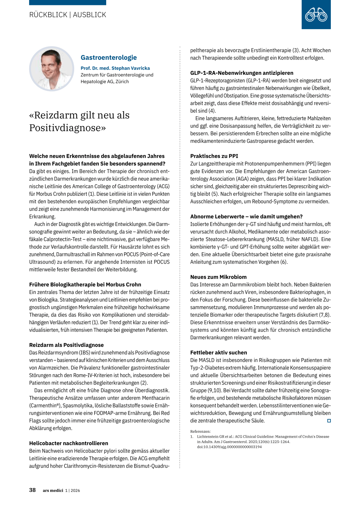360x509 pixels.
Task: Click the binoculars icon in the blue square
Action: click(x=316, y=15)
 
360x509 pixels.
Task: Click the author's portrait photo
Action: click(x=51, y=69)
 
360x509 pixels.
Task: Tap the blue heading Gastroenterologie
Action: click(x=109, y=58)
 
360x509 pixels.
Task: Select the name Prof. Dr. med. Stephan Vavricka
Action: click(x=115, y=68)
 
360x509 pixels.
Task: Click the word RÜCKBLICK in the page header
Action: click(x=48, y=15)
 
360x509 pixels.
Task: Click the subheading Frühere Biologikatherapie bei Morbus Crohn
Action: click(x=85, y=284)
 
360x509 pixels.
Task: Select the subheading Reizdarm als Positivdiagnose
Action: click(x=66, y=345)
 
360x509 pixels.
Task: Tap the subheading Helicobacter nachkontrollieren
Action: click(x=69, y=443)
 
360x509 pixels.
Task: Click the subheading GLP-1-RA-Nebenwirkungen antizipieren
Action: click(x=242, y=73)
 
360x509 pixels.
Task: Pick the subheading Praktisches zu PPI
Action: click(x=214, y=156)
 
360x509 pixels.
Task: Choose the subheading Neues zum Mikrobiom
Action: click(x=218, y=277)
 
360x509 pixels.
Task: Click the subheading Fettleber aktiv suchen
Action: click(x=219, y=353)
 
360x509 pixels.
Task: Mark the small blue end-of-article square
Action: click(x=329, y=421)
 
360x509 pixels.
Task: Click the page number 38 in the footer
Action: click(x=32, y=490)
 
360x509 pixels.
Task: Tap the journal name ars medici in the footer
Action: click(x=53, y=490)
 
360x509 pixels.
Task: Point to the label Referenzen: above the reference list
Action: click(x=200, y=431)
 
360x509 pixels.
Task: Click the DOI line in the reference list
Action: click(x=229, y=447)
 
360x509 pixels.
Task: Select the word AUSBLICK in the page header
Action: click(x=89, y=15)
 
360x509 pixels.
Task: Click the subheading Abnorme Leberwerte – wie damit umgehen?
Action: click(x=246, y=217)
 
